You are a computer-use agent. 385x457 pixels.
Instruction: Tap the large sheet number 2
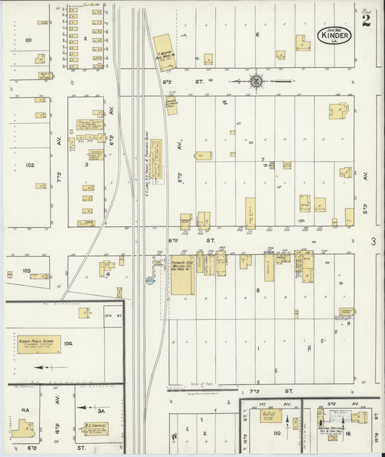[367, 21]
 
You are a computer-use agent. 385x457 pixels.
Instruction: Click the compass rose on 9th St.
[256, 81]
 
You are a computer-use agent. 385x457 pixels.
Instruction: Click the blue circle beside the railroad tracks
[150, 280]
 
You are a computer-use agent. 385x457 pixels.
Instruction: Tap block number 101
[29, 40]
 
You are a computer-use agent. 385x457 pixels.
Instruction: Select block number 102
[30, 165]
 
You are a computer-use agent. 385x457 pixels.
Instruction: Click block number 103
[27, 270]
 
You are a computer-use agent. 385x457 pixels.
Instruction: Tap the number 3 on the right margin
[373, 241]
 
